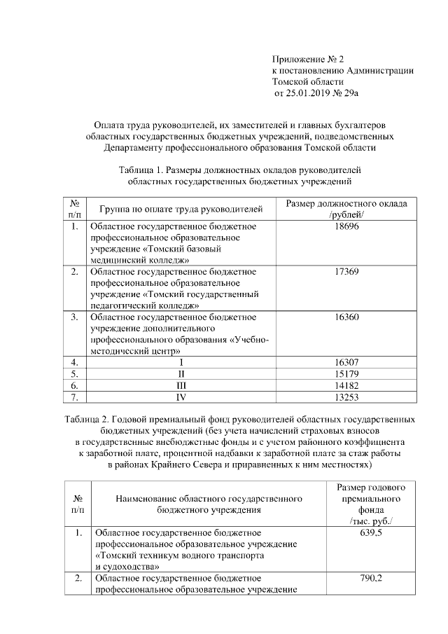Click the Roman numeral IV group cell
click(x=181, y=397)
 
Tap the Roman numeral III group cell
click(x=181, y=385)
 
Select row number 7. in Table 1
click(x=73, y=397)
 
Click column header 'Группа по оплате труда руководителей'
click(x=181, y=209)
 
